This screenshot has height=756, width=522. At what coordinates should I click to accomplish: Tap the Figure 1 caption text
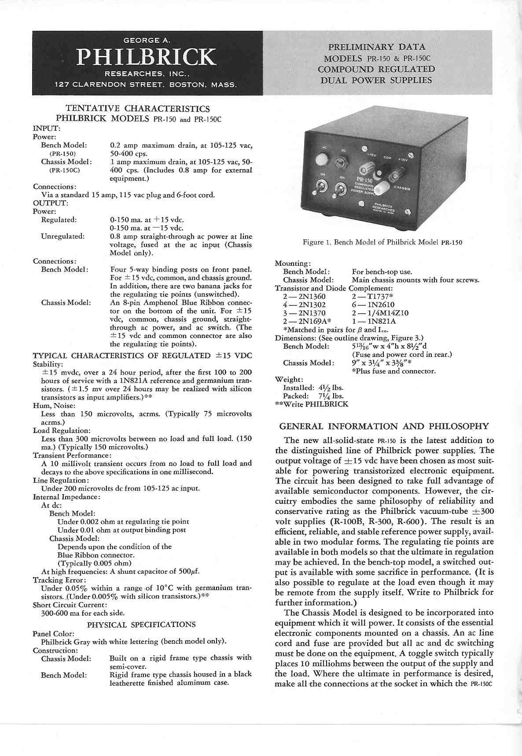coord(382,242)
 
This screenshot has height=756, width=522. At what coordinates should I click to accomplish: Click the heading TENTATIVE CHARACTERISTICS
coord(137,108)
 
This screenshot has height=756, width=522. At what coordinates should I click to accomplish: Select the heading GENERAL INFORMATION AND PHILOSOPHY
coord(384,426)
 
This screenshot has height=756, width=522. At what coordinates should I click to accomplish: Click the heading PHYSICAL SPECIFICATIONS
coord(141,624)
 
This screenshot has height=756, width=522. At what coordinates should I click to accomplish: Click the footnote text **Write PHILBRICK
coord(311,404)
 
